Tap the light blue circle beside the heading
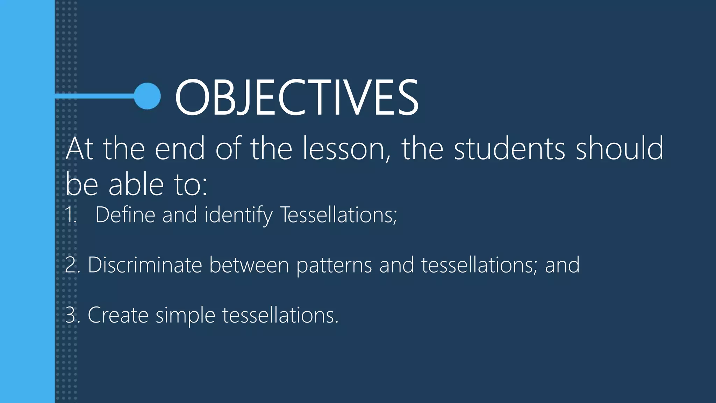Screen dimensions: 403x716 pyautogui.click(x=148, y=96)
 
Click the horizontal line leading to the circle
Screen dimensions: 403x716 pyautogui.click(x=94, y=96)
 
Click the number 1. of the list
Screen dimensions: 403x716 pyautogui.click(x=71, y=215)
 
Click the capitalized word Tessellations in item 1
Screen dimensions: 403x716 pyautogui.click(x=338, y=215)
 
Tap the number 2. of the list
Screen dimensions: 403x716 pyautogui.click(x=72, y=265)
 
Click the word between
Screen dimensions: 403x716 pyautogui.click(x=249, y=265)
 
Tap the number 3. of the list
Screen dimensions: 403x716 pyautogui.click(x=72, y=315)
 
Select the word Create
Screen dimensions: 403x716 pyautogui.click(x=118, y=315)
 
